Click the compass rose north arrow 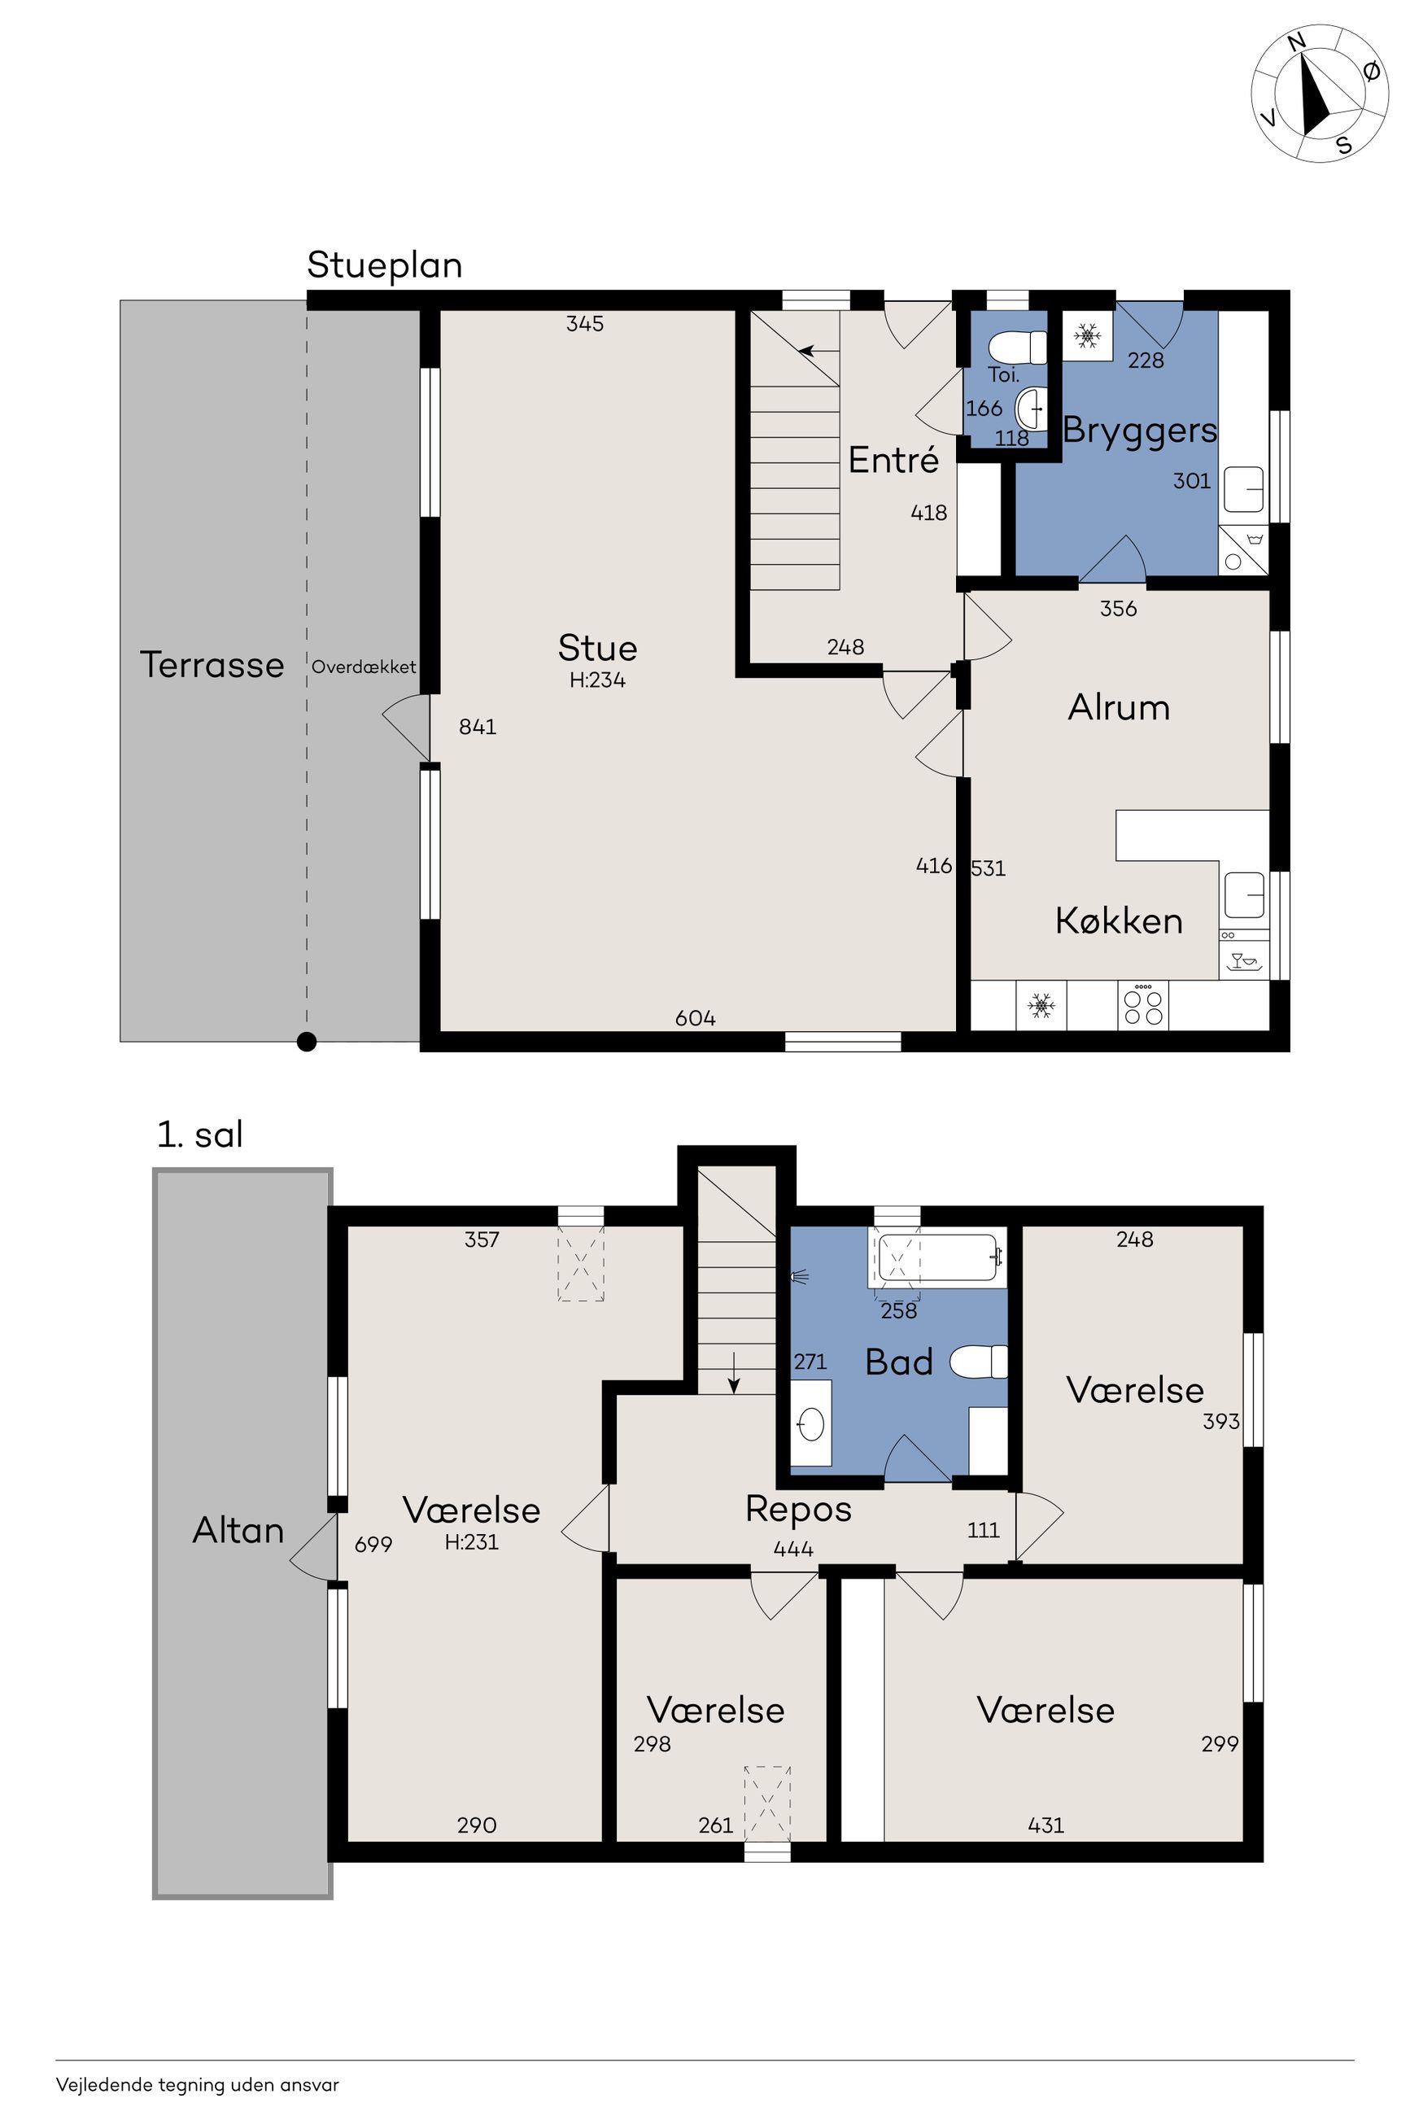(x=1316, y=94)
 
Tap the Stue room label (x=597, y=648)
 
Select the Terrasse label (x=212, y=665)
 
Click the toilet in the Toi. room (x=1018, y=348)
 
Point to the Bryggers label (x=1139, y=431)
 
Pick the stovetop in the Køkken (x=1143, y=1004)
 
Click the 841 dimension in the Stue (x=478, y=727)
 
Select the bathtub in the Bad (x=937, y=1257)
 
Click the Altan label (x=238, y=1530)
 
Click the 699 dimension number (x=373, y=1544)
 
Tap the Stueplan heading (x=385, y=265)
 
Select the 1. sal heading (x=199, y=1135)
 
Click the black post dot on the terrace (x=307, y=1043)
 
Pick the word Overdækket (x=365, y=667)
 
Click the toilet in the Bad (x=978, y=1361)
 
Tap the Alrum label (x=1119, y=708)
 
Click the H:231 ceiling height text (x=471, y=1541)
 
